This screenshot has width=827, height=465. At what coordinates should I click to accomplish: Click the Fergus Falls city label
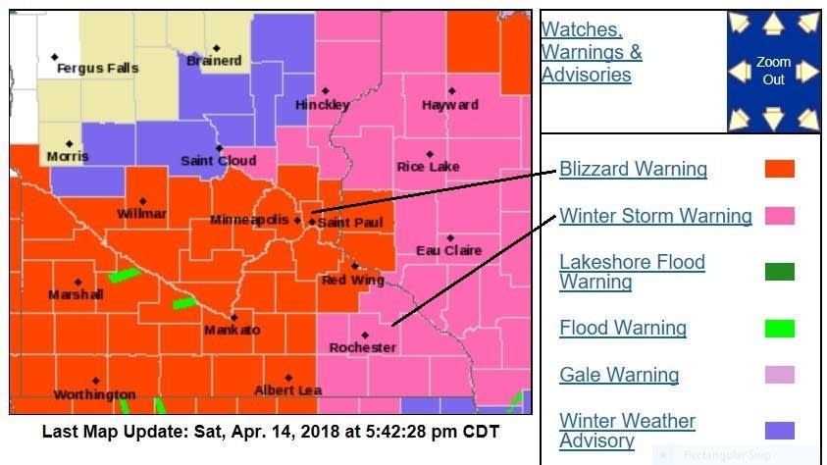(x=97, y=69)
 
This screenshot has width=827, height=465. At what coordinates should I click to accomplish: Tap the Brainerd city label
(x=214, y=61)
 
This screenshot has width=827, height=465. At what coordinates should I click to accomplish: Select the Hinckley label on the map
(x=322, y=105)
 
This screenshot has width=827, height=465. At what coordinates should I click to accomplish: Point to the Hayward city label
(x=449, y=105)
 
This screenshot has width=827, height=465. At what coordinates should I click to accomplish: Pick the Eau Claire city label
(x=448, y=251)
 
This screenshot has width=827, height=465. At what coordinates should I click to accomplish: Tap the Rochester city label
(x=362, y=348)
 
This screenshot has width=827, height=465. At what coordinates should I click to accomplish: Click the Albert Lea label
(x=287, y=390)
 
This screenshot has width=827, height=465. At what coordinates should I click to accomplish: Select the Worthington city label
(x=94, y=394)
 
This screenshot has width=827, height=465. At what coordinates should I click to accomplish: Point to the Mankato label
(x=233, y=331)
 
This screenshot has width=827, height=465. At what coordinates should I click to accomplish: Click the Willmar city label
(x=141, y=214)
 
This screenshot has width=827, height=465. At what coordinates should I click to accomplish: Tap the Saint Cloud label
(x=218, y=161)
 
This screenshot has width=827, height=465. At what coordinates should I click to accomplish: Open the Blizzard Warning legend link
(x=633, y=169)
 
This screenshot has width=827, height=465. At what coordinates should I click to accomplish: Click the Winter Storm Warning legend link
(x=655, y=216)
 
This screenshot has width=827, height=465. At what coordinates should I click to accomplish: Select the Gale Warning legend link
(x=618, y=375)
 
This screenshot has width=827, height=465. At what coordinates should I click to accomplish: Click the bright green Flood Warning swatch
(x=779, y=329)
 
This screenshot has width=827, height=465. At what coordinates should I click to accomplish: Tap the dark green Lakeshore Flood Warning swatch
(x=779, y=272)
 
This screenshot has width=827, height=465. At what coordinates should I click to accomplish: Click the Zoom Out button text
(x=773, y=71)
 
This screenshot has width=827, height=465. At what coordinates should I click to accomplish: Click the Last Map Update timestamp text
(x=270, y=432)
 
